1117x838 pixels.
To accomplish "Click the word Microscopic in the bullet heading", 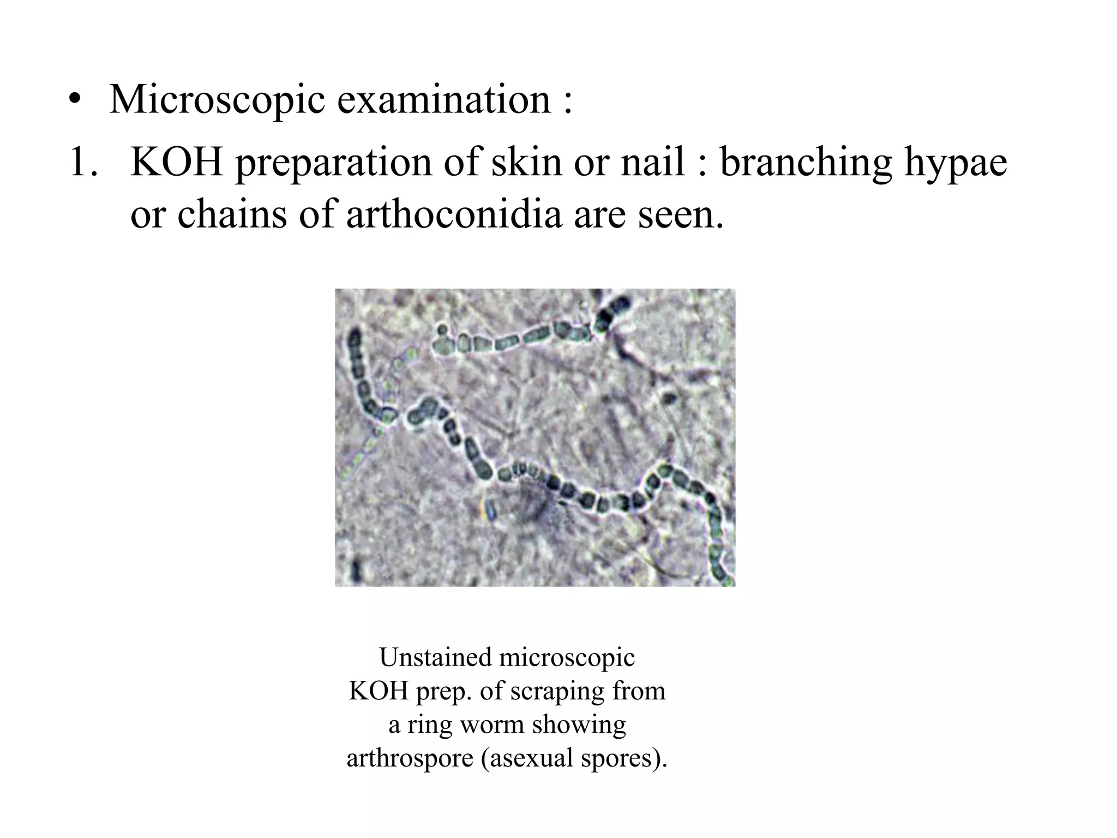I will pos(217,100).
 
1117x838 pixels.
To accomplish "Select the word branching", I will pos(806,163).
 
